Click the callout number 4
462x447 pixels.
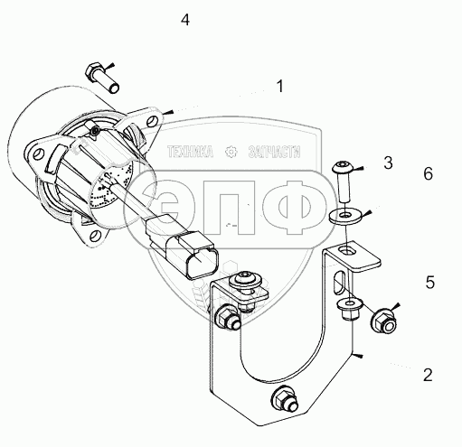[x=185, y=20]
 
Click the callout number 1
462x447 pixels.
[x=280, y=87]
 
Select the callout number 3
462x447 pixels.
[x=388, y=163]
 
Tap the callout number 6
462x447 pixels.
[x=429, y=174]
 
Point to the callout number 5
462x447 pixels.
[x=430, y=283]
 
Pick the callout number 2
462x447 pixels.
[x=428, y=375]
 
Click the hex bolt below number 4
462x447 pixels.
[x=102, y=78]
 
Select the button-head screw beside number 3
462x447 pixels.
[x=344, y=182]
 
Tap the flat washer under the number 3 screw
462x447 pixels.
[x=345, y=216]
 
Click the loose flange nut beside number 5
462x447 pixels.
[x=384, y=322]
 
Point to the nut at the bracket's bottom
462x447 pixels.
[x=285, y=399]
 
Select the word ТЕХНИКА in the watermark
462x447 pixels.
[x=190, y=152]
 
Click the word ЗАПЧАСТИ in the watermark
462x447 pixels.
[x=274, y=152]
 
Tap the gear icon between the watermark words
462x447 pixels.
[x=231, y=152]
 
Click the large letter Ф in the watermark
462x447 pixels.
[x=294, y=208]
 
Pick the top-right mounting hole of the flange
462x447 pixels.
[x=152, y=121]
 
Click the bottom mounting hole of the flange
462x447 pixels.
[x=95, y=235]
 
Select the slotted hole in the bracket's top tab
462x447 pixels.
[x=346, y=249]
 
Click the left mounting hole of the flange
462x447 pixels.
[x=37, y=154]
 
